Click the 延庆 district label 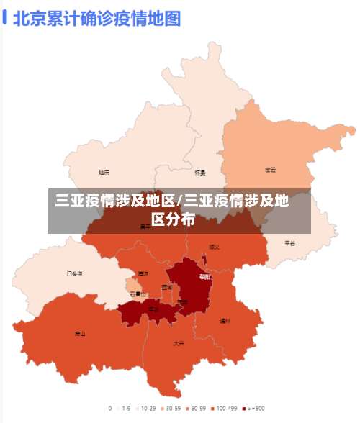(104, 172)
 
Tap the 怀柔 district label (200, 173)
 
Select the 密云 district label (271, 170)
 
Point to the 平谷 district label (289, 243)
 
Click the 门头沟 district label (74, 274)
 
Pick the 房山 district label (80, 334)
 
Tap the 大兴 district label (179, 344)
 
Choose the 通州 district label (225, 320)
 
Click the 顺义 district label (214, 247)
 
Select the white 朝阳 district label (205, 277)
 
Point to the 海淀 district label (143, 274)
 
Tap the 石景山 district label (138, 294)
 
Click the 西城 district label (167, 287)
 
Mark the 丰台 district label (153, 309)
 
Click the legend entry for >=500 (253, 408)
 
